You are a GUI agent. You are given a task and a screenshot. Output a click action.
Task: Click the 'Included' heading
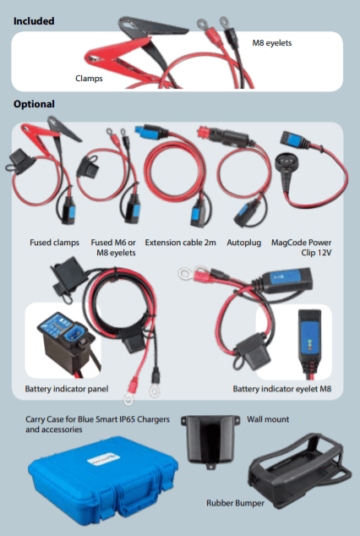point(34,21)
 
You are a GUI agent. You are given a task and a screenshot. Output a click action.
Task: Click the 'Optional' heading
point(34,104)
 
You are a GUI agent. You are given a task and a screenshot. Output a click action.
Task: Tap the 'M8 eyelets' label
point(272,43)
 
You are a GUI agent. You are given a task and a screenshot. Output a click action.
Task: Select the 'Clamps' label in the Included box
point(89,79)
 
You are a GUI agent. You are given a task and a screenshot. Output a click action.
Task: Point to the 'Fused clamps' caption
point(54,243)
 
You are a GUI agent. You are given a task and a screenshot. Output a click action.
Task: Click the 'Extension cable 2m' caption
point(180,243)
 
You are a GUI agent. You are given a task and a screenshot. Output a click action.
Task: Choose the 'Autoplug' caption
point(244,243)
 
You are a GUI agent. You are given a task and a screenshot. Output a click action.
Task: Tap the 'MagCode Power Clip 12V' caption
point(301,248)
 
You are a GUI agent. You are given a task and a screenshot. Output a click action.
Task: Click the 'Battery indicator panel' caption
point(67,389)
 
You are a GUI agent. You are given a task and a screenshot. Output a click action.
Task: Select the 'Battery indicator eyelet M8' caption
point(282,389)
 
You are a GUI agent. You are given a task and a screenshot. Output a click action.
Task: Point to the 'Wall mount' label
point(268,419)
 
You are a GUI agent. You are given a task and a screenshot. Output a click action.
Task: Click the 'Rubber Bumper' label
point(235,503)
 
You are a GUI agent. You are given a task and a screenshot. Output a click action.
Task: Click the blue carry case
point(102,483)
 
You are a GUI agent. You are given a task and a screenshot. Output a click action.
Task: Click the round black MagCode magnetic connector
point(287,161)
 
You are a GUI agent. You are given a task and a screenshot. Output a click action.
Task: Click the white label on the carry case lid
point(101,459)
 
